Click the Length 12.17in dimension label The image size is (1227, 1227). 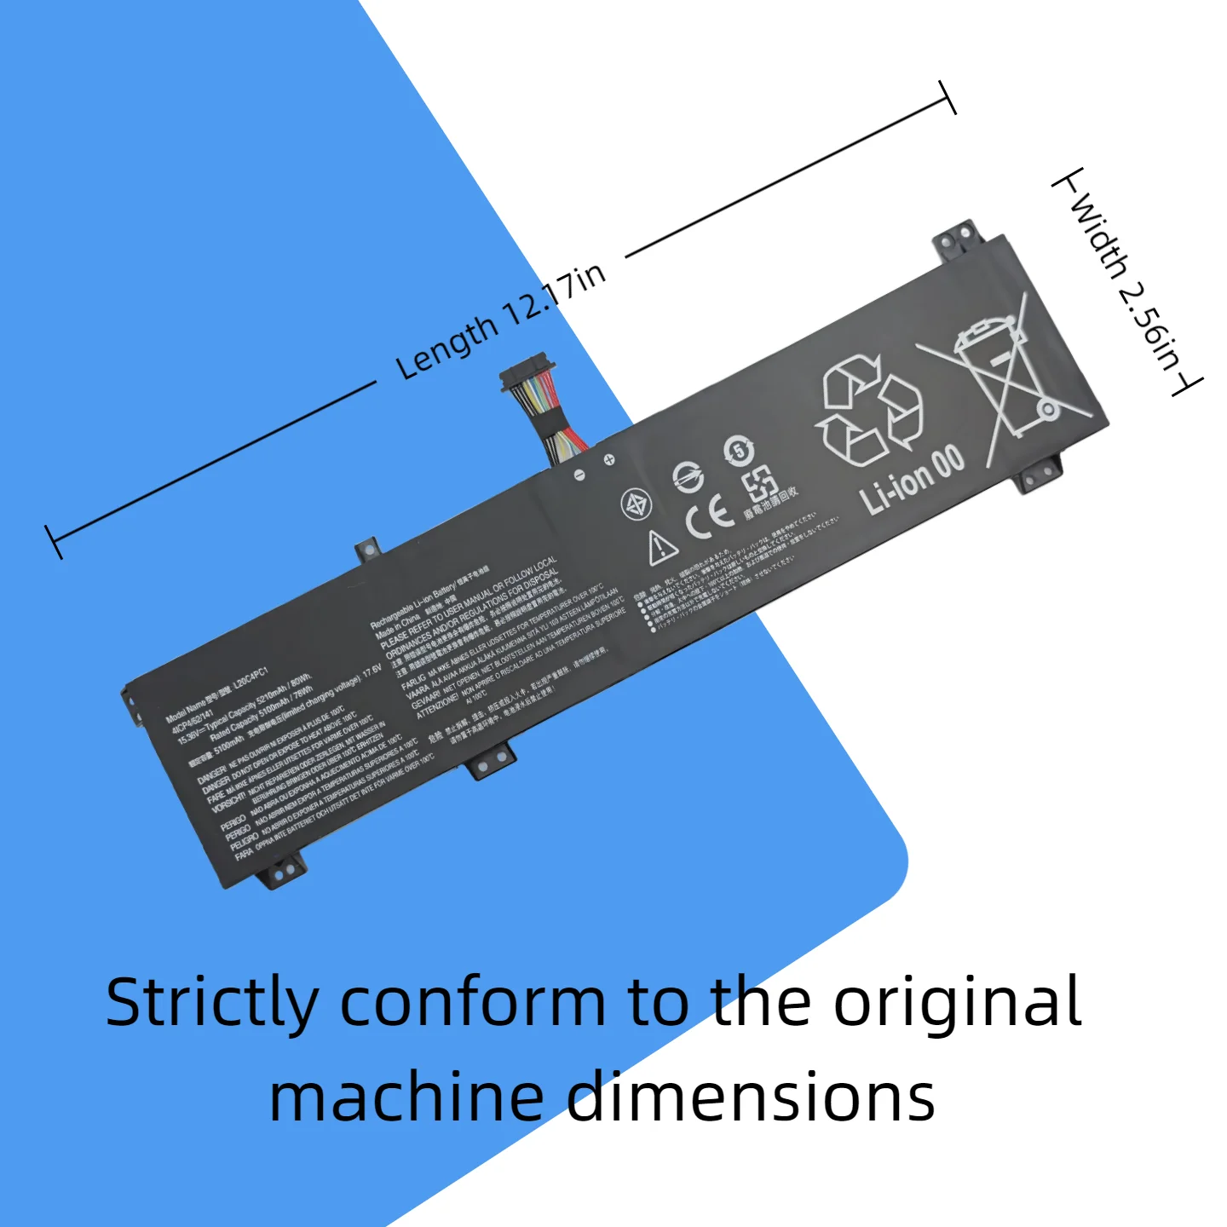(x=501, y=320)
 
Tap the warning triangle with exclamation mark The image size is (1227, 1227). (x=661, y=547)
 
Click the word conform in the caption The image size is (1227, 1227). (x=473, y=1004)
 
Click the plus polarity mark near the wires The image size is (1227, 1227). (x=609, y=460)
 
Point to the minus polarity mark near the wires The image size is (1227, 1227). (x=579, y=474)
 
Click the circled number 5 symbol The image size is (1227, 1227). (x=739, y=449)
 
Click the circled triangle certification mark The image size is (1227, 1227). (x=636, y=504)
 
